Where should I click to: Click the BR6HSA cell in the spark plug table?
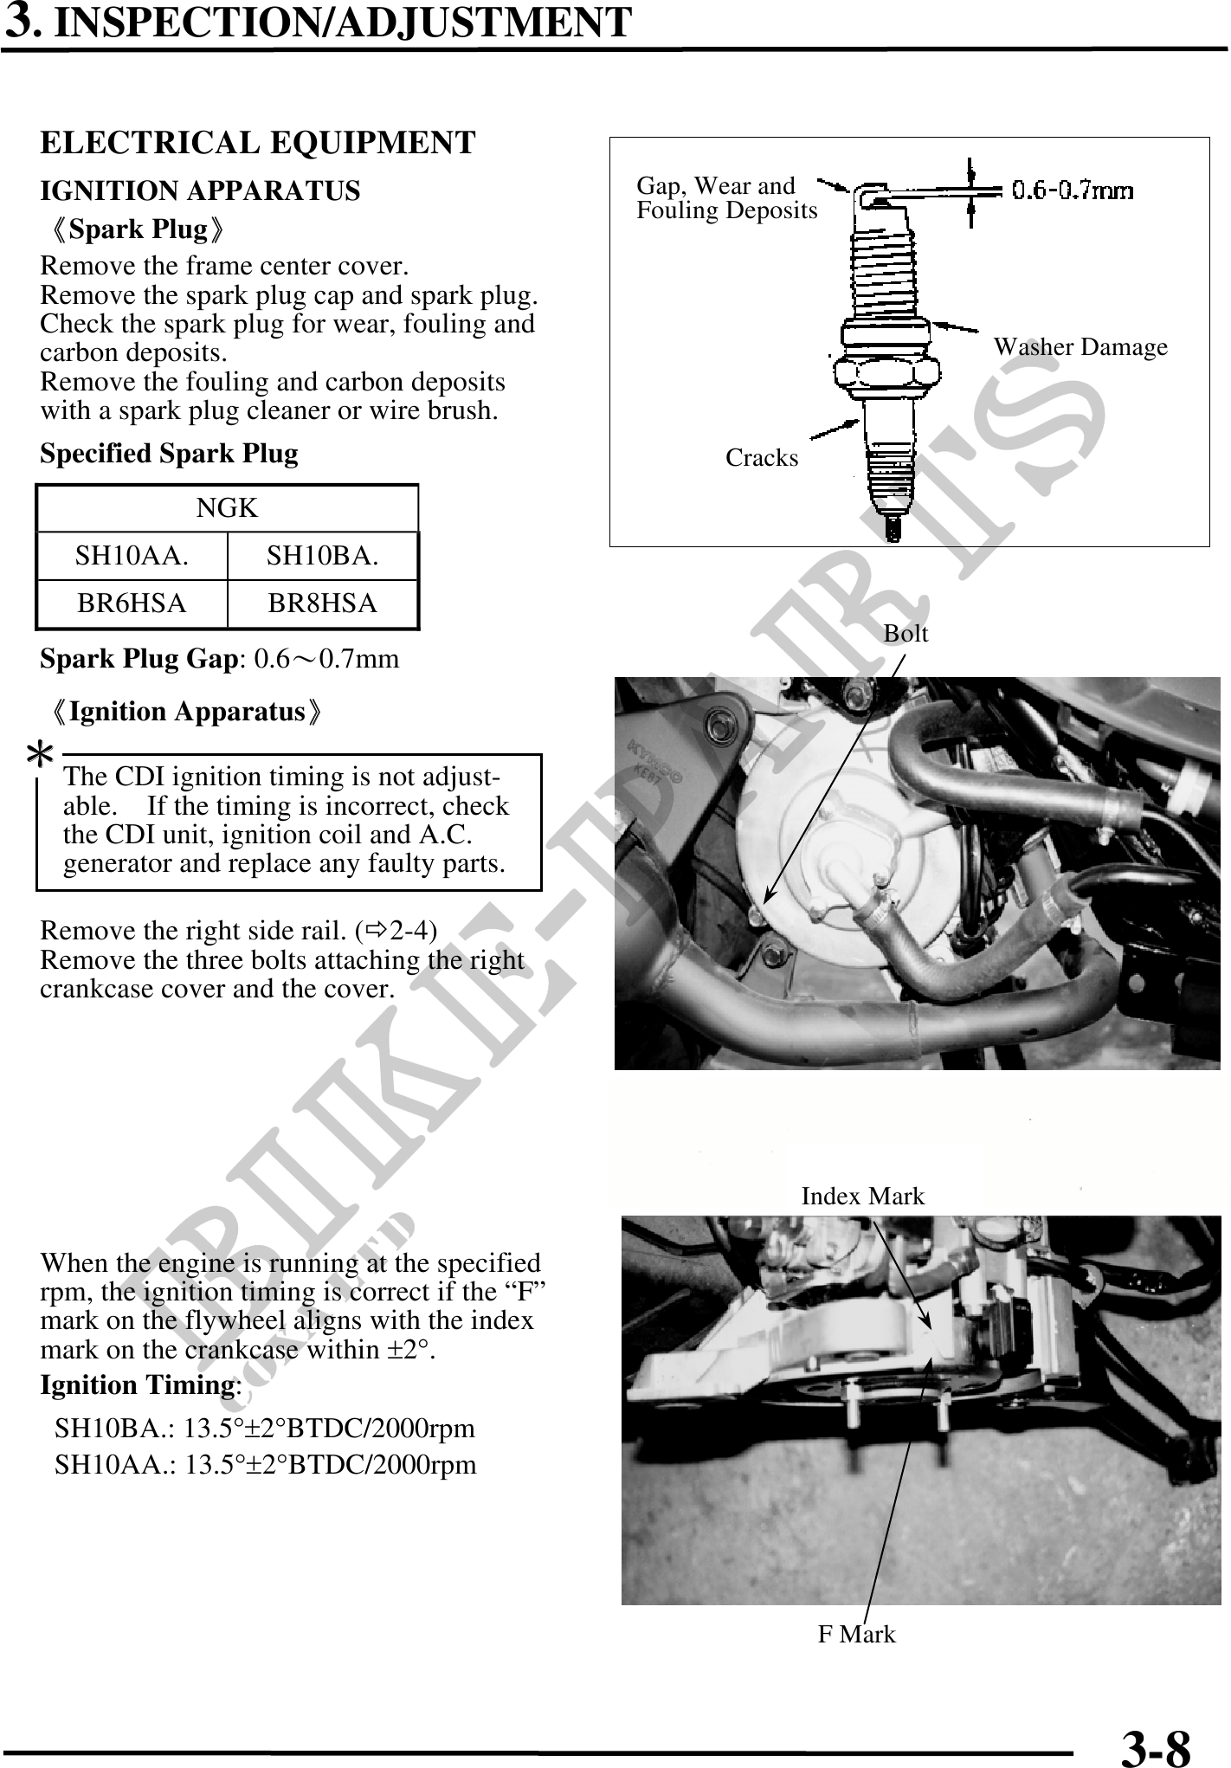pyautogui.click(x=132, y=603)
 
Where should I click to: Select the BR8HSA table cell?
pyautogui.click(x=323, y=603)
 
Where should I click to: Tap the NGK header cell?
pyautogui.click(x=227, y=508)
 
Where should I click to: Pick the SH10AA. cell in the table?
pyautogui.click(x=132, y=556)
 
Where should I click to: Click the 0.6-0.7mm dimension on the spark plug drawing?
pyautogui.click(x=1073, y=190)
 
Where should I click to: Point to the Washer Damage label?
pyautogui.click(x=1080, y=347)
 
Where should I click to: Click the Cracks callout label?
pyautogui.click(x=762, y=458)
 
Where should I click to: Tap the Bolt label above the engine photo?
pyautogui.click(x=906, y=634)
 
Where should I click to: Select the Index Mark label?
pyautogui.click(x=862, y=1197)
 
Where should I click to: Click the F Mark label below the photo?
pyautogui.click(x=856, y=1635)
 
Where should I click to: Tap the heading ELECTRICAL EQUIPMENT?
pyautogui.click(x=258, y=143)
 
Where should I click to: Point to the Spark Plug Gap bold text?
pyautogui.click(x=139, y=659)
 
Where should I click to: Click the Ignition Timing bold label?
pyautogui.click(x=137, y=1385)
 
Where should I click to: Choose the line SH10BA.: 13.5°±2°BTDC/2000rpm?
pyautogui.click(x=265, y=1428)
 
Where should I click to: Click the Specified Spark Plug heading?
pyautogui.click(x=169, y=454)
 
